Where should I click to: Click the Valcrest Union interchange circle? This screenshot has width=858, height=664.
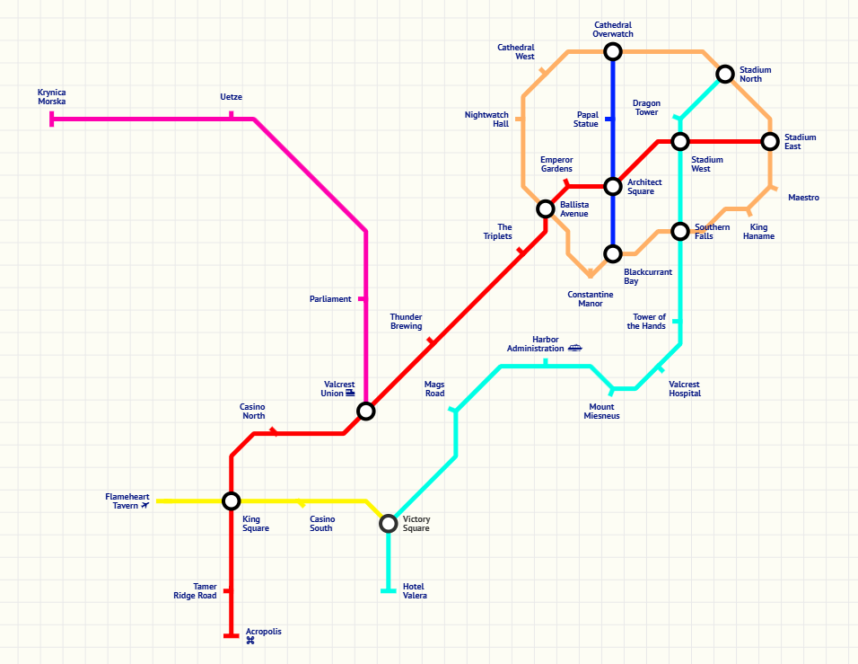coord(365,412)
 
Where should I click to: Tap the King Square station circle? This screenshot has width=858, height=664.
coord(232,501)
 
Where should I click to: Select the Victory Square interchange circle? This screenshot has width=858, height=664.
coord(389,523)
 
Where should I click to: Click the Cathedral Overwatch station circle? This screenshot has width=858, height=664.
coord(613,51)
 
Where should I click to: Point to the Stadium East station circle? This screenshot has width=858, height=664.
coord(770,142)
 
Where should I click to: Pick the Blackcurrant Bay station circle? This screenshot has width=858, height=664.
coord(613,254)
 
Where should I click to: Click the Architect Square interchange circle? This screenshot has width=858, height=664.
coord(613,187)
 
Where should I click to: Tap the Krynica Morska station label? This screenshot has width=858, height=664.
coord(51,97)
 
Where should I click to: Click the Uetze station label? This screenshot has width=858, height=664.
coord(231,97)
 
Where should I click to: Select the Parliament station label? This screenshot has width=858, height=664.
coord(330,299)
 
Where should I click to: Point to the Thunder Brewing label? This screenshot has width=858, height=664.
coord(406,322)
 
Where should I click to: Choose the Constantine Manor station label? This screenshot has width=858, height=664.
coord(590,299)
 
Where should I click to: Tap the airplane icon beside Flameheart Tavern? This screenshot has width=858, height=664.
coord(145,506)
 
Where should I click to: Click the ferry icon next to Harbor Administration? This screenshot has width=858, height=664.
coord(574,348)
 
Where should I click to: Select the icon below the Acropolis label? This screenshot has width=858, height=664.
coord(250,641)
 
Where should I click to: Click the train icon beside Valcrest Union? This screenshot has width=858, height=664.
coord(350,394)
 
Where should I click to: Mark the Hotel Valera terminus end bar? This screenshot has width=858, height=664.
coord(389,590)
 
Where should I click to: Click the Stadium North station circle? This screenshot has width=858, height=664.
coord(725,74)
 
